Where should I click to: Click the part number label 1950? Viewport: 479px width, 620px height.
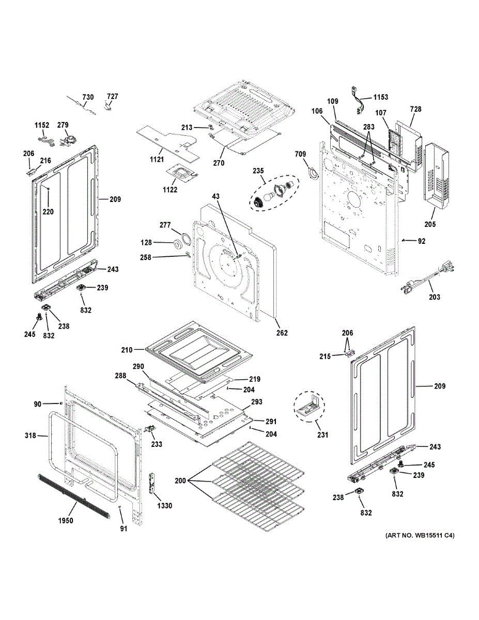[x=65, y=520]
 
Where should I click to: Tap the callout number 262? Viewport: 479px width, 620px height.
[x=282, y=333]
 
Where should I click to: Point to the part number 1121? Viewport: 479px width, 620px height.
[x=157, y=159]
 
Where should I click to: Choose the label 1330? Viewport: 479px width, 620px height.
[x=165, y=506]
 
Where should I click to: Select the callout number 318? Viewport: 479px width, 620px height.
[x=30, y=436]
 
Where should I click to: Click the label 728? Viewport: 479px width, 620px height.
[x=415, y=109]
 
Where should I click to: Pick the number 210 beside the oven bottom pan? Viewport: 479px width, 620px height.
[x=127, y=350]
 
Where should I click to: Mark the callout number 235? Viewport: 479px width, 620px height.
[x=258, y=171]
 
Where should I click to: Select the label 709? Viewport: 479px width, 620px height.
[x=300, y=154]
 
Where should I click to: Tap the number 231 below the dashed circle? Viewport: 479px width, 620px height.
[x=322, y=435]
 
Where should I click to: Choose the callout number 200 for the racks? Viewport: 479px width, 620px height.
[x=180, y=481]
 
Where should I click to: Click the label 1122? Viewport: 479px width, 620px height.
[x=169, y=190]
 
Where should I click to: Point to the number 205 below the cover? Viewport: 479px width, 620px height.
[x=430, y=224]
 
